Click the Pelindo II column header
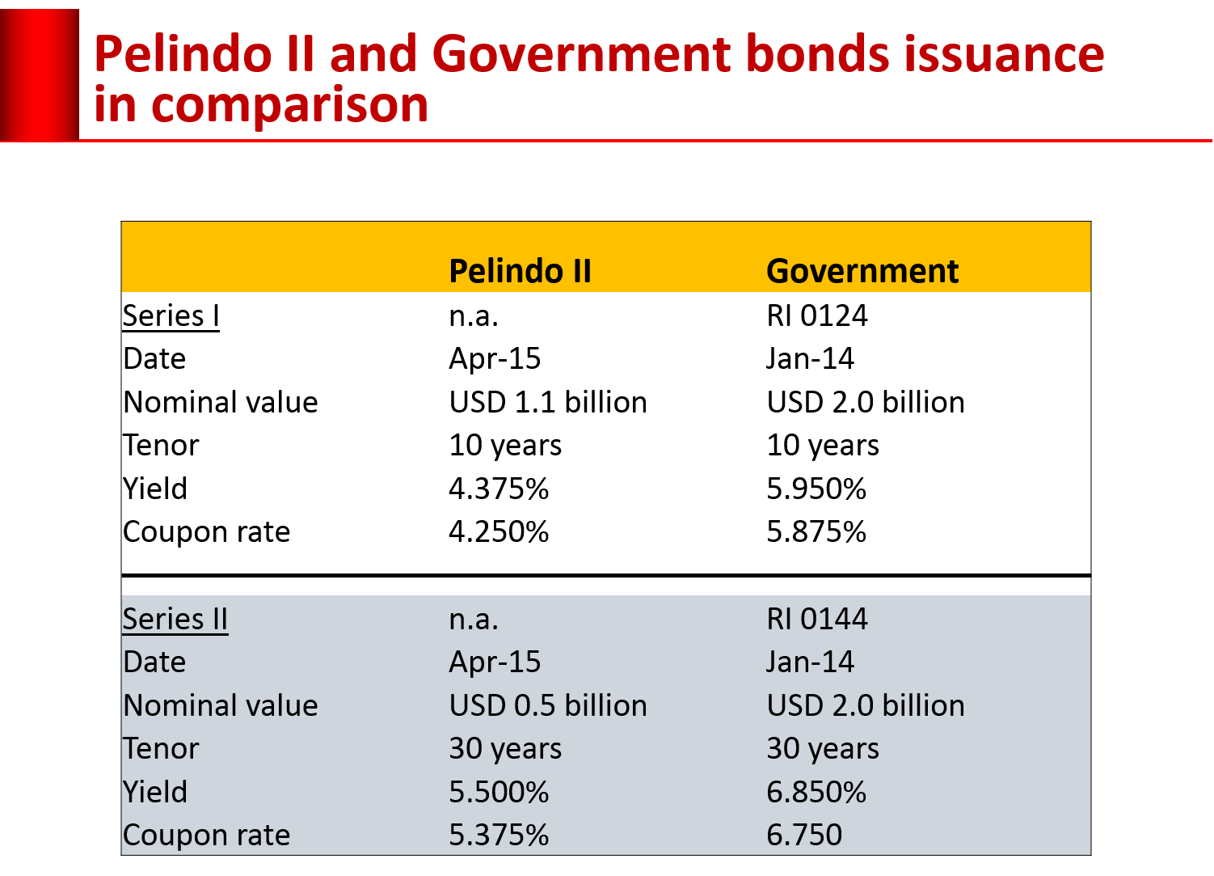(520, 271)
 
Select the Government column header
(862, 271)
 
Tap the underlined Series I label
(171, 315)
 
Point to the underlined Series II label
(175, 619)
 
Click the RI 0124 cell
(816, 315)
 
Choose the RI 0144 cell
(816, 619)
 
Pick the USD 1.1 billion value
(547, 402)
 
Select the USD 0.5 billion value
(547, 705)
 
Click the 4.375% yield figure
(499, 489)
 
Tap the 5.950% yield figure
(816, 489)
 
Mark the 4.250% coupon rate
(499, 531)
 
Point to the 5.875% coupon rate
(816, 531)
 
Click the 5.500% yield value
(499, 792)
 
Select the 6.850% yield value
(816, 792)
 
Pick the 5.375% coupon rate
(499, 835)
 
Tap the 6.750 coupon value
(804, 835)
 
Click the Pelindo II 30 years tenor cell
(505, 749)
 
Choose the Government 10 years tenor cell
(823, 446)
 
